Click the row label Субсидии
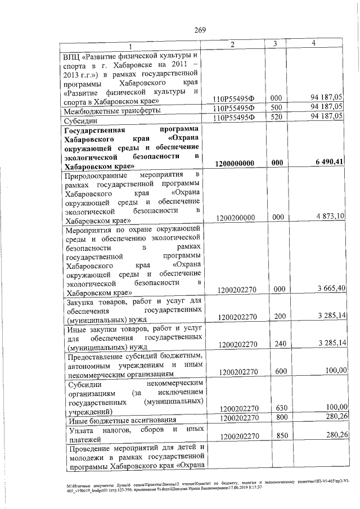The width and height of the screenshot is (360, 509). (x=82, y=121)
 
